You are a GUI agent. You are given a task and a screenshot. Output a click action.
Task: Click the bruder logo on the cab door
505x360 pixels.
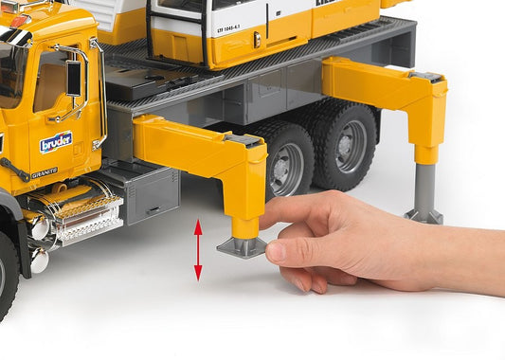(56, 142)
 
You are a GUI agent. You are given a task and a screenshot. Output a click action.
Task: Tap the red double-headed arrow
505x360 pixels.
(197, 249)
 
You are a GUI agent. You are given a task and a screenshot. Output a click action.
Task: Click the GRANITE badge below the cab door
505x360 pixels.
(45, 173)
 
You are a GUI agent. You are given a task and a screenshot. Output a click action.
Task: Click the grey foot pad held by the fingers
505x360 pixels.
(242, 247)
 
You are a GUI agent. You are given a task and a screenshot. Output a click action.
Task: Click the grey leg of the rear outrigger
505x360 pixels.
(425, 185)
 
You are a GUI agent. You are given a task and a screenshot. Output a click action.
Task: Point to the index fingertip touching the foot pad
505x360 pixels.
(276, 252)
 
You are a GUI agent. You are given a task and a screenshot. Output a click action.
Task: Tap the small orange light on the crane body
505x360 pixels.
(257, 39)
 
